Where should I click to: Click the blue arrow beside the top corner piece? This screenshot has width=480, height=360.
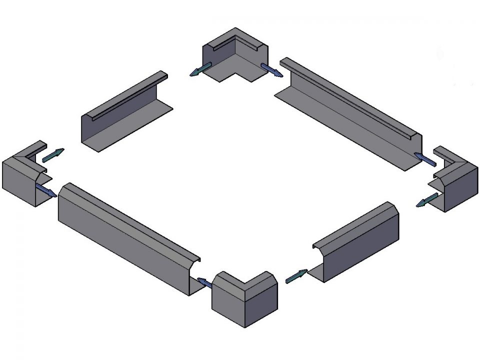pyautogui.click(x=272, y=70)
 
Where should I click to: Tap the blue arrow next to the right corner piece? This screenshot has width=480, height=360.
pyautogui.click(x=425, y=158)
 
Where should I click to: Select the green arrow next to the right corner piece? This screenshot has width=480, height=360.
pyautogui.click(x=428, y=200)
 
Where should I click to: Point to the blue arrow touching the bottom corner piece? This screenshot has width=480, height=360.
pyautogui.click(x=204, y=283)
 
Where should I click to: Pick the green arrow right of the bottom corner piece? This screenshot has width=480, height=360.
pyautogui.click(x=296, y=276)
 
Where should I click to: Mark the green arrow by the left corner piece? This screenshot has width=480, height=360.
pyautogui.click(x=53, y=155)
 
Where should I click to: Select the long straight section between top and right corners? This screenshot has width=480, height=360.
pyautogui.click(x=350, y=115)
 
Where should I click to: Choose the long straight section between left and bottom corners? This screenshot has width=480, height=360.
pyautogui.click(x=125, y=235)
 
